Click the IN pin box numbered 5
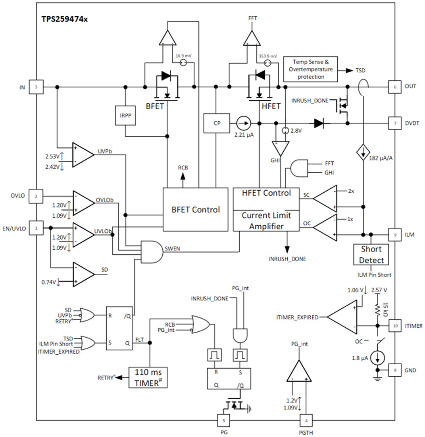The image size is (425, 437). point(36,87)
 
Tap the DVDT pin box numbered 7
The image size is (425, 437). point(394,123)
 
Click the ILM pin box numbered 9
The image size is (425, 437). point(394,234)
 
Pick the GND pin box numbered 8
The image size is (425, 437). point(394,370)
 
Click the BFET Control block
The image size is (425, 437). point(195,209)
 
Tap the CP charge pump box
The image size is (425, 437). point(217,123)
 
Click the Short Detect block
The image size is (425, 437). point(371,255)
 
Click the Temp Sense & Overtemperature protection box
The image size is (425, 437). point(311,69)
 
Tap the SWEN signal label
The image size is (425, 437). point(173,249)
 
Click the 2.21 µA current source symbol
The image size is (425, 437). point(244,123)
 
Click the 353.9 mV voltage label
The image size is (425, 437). point(267,56)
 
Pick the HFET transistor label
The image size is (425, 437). point(271,106)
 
